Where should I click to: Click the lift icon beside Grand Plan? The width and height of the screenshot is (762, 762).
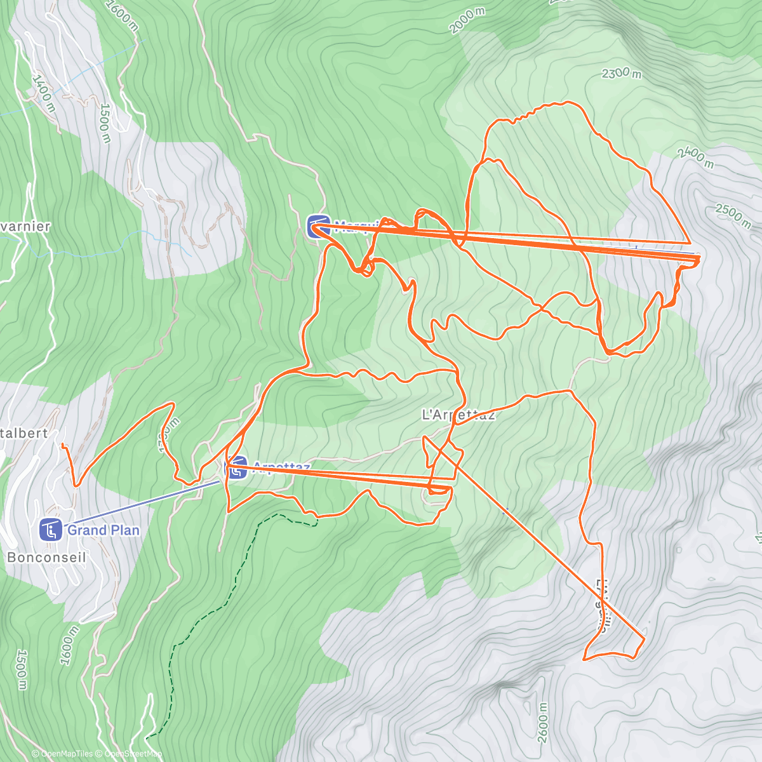click(51, 530)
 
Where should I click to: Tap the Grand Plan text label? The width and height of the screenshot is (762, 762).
click(103, 530)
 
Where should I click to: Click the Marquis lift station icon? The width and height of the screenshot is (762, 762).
click(317, 226)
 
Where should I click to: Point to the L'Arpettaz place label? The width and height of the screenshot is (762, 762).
click(458, 415)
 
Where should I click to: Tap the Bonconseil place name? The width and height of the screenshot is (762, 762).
click(46, 558)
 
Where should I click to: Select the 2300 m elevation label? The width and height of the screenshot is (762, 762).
click(621, 73)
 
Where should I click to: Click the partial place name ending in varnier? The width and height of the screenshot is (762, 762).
click(25, 227)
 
